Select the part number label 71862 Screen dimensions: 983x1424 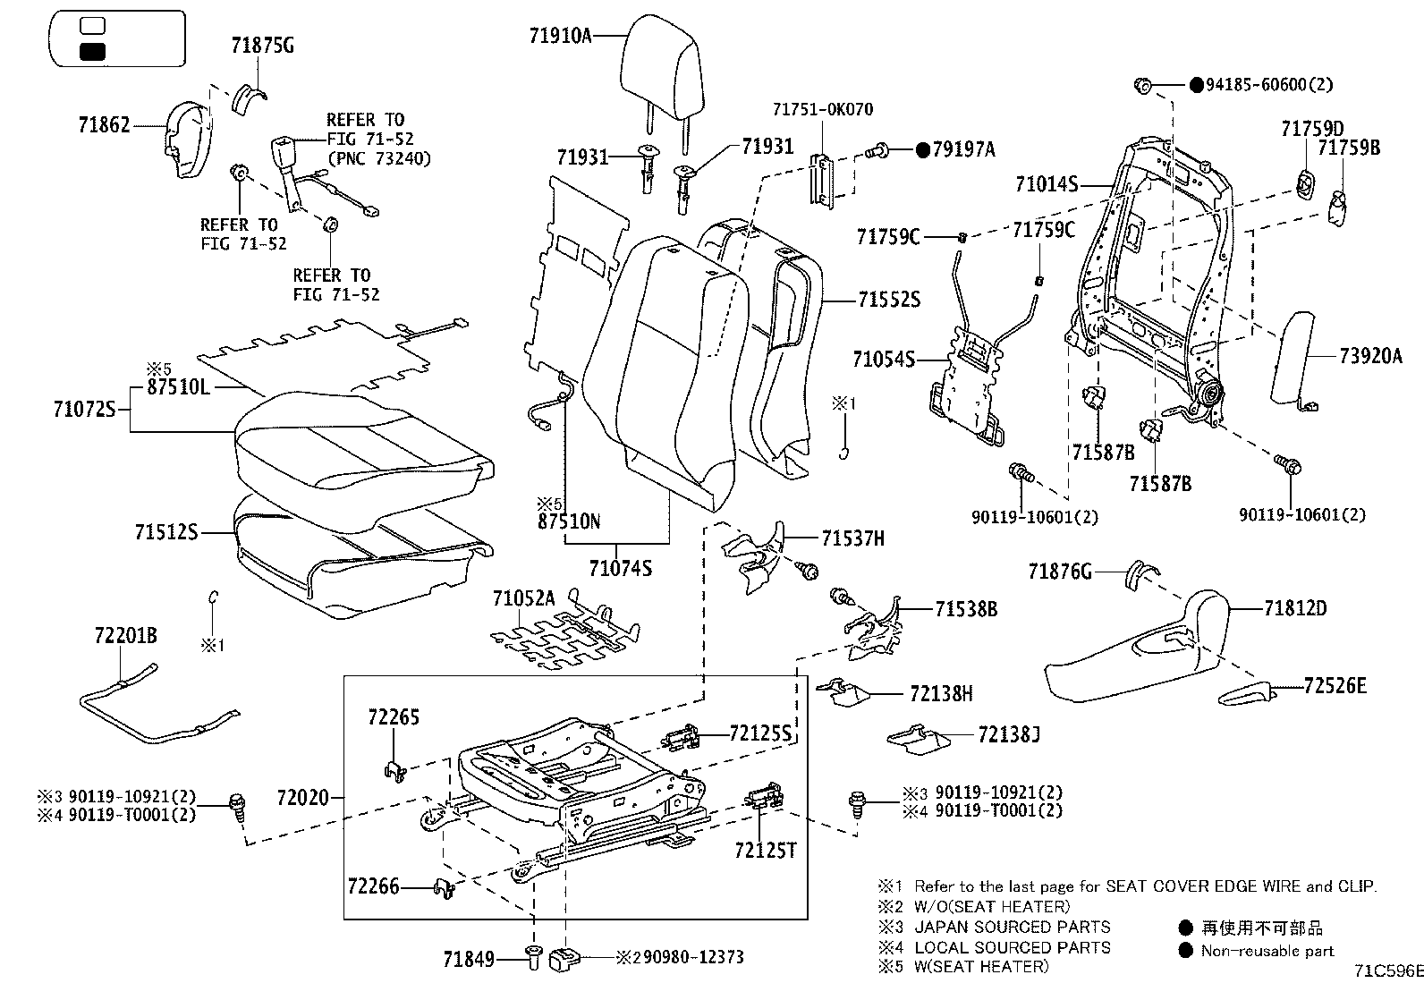(x=104, y=124)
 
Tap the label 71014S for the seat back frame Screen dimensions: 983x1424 (x=1046, y=185)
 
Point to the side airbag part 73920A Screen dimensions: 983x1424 (x=1293, y=358)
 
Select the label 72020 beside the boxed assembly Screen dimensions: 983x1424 (x=302, y=796)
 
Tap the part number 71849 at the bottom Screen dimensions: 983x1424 (x=469, y=960)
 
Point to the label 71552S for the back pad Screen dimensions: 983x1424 (x=888, y=300)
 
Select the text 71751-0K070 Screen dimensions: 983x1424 (x=822, y=110)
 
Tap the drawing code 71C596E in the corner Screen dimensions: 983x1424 (x=1386, y=970)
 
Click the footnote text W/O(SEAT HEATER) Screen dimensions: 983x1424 (x=992, y=906)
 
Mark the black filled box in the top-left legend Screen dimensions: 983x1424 (x=92, y=51)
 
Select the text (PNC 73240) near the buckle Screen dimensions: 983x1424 (x=378, y=159)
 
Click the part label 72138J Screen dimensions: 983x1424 (x=1008, y=734)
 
